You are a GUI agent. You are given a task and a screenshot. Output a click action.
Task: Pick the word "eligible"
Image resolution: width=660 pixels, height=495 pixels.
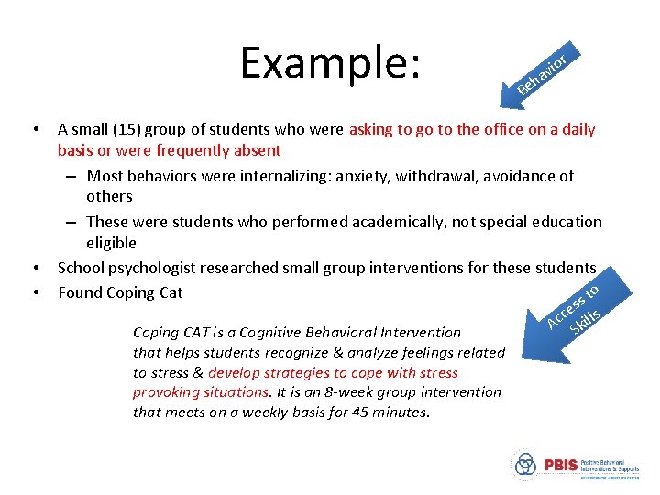pos(111,243)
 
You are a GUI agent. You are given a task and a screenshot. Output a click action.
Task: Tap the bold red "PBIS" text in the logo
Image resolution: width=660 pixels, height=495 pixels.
pos(560,466)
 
